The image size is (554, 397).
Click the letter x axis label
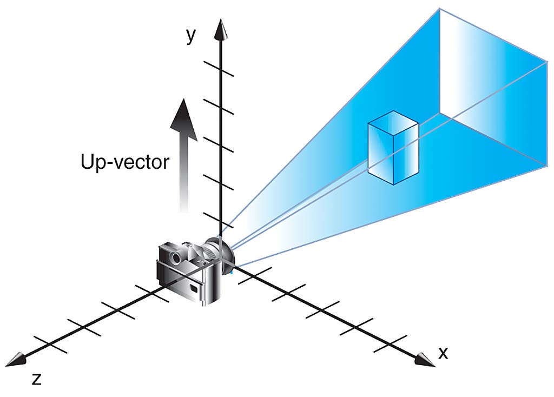[x=443, y=353]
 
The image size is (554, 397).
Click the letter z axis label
[x=37, y=379]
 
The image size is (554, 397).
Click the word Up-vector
[x=125, y=162]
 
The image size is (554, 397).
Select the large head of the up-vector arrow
[x=183, y=120]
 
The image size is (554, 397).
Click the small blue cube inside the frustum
[x=393, y=148]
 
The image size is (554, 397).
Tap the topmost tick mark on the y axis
[x=219, y=68]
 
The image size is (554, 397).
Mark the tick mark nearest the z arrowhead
[x=50, y=344]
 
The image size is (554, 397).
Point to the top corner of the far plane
[x=440, y=9]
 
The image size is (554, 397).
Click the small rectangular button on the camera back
[x=194, y=288]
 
